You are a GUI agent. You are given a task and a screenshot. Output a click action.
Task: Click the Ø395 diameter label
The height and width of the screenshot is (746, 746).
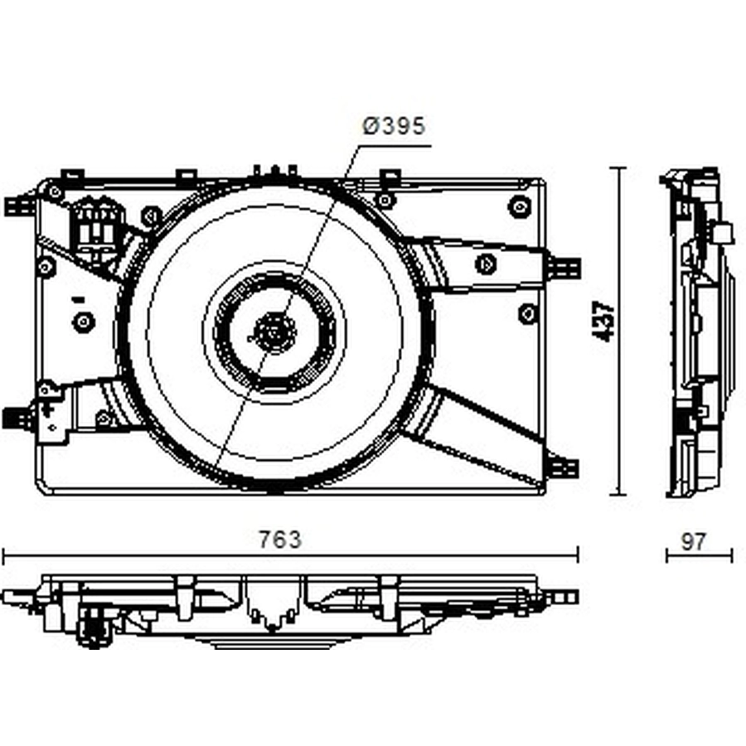[x=394, y=126]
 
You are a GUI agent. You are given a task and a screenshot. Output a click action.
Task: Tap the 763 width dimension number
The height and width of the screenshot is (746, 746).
[x=280, y=540]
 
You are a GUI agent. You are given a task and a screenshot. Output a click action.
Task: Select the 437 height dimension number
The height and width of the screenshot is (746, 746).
[x=603, y=321]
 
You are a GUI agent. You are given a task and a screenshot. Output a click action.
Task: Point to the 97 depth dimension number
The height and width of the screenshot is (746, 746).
[x=694, y=542]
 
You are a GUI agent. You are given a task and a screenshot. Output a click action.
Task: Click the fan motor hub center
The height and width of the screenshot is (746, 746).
[x=275, y=332]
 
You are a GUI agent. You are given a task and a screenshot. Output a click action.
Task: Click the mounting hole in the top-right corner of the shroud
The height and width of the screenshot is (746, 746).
[x=520, y=206]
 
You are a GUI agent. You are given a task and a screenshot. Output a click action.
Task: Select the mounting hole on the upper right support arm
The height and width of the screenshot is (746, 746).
[x=485, y=264]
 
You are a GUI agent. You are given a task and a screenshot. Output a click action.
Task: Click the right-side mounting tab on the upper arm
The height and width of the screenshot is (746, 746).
[x=564, y=269]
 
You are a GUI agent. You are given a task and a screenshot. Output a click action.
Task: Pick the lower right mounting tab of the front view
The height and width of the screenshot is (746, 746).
[x=564, y=468]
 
